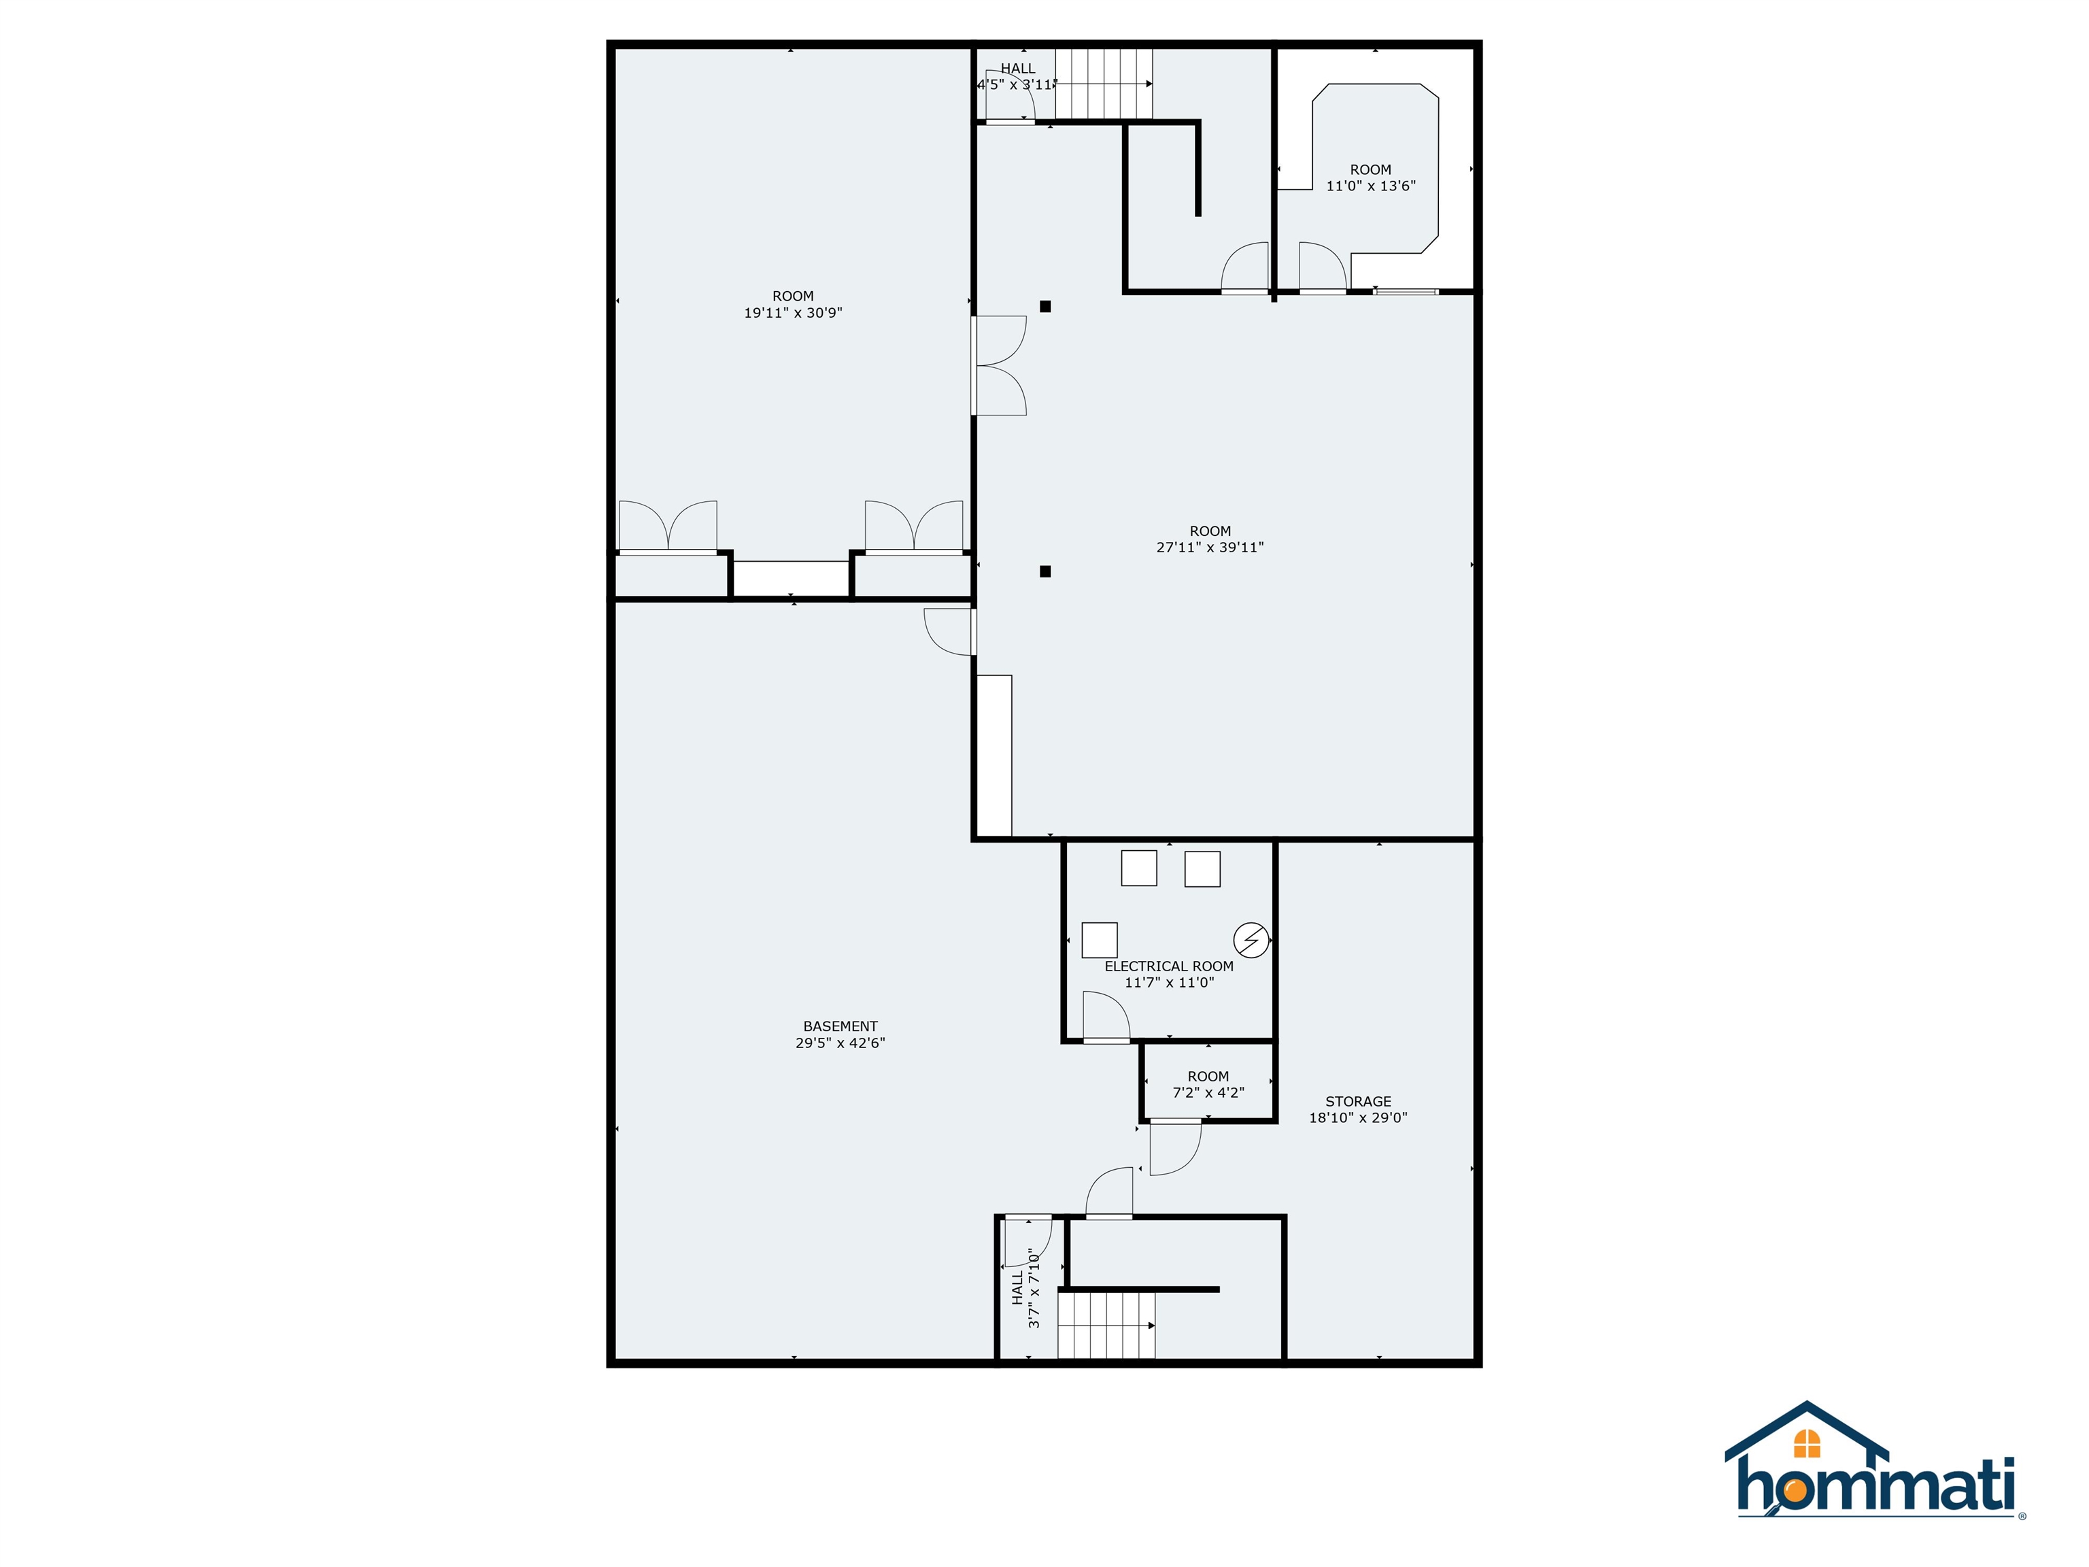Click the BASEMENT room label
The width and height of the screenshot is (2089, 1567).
pos(840,1026)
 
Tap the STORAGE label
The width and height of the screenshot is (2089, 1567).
pos(1357,1101)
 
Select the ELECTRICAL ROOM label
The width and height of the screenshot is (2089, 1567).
pos(1168,966)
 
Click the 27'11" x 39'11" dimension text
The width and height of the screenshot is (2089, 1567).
pos(1210,547)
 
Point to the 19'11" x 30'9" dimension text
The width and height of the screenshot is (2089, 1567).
pos(792,313)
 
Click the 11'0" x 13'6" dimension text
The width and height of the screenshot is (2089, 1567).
pos(1370,186)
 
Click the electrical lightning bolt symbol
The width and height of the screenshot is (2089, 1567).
pos(1251,940)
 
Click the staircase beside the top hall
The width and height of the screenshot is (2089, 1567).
pos(1103,84)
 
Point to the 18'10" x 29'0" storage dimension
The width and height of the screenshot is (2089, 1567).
pos(1357,1117)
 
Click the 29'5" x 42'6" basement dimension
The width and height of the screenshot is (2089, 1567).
pos(840,1043)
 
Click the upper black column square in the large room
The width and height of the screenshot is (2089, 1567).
pos(1045,306)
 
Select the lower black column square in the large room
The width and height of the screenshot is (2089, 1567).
pos(1045,571)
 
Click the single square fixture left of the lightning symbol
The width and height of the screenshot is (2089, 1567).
pos(1100,940)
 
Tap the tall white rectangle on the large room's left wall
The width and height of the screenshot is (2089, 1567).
pos(994,756)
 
